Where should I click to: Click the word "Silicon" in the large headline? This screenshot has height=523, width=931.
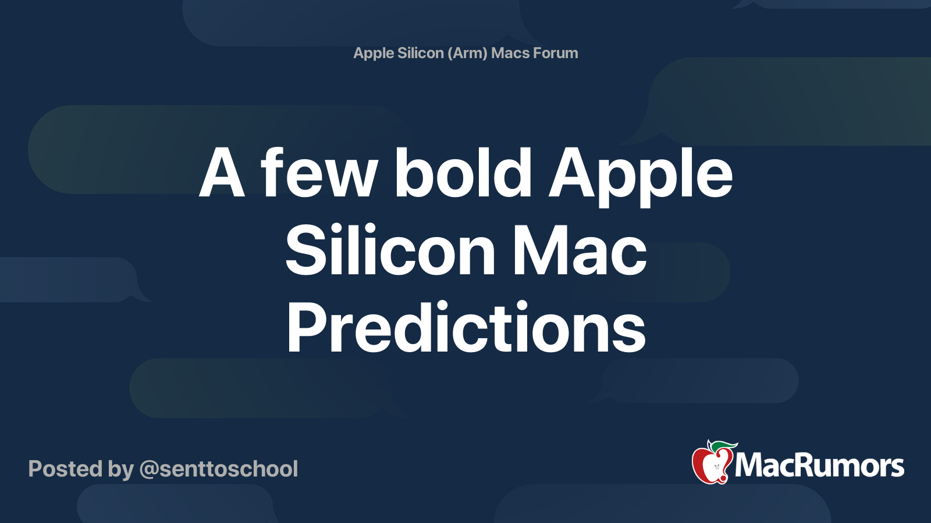390,251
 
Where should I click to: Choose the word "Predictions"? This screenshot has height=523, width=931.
466,329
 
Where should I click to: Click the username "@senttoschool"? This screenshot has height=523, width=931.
219,469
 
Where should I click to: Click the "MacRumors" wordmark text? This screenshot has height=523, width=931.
819,465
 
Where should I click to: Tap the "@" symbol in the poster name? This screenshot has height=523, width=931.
149,470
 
